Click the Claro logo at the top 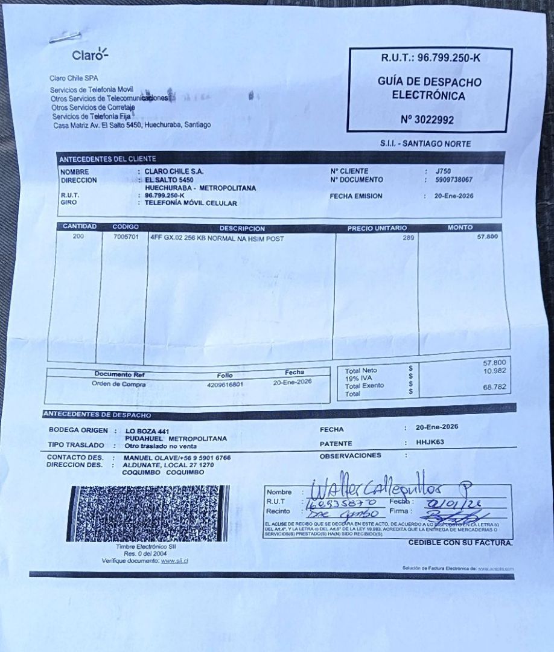(90, 55)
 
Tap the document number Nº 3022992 (427, 120)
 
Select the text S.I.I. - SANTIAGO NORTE (425, 144)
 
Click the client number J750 (443, 171)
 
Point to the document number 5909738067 (454, 180)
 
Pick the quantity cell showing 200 (78, 237)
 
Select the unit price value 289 (409, 238)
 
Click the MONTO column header (460, 228)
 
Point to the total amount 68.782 (494, 386)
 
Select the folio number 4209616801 (224, 384)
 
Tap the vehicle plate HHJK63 (430, 442)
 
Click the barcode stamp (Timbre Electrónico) (147, 513)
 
